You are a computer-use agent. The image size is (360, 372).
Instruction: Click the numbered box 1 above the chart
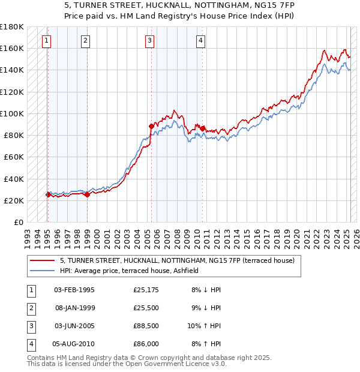pos(47,41)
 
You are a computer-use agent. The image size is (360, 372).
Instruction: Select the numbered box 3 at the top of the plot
pos(149,41)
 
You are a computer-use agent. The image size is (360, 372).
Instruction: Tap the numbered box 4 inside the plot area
pos(200,41)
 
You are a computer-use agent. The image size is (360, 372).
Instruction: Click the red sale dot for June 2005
pos(151,126)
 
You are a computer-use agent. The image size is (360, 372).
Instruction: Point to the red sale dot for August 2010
pos(203,128)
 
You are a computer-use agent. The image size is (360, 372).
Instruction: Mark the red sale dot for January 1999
pos(87,194)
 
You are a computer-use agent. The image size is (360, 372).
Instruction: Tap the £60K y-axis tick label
pos(14,157)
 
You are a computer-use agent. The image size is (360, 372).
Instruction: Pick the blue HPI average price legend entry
pos(132,271)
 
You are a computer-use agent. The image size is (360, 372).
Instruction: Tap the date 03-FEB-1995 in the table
pos(74,290)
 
